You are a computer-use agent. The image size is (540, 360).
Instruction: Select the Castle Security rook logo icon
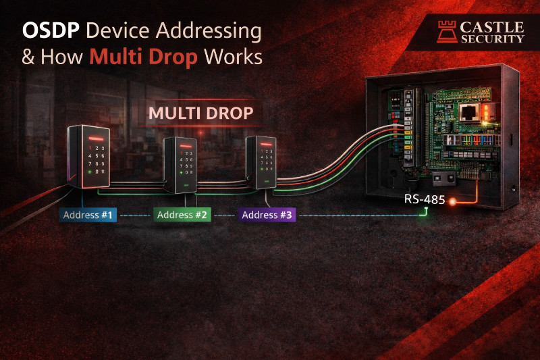[445, 32]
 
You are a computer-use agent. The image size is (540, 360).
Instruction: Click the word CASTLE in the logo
[491, 27]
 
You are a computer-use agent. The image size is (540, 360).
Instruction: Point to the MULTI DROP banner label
[200, 113]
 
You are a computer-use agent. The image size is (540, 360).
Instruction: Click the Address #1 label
[88, 215]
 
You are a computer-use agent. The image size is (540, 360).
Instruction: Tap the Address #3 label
[267, 215]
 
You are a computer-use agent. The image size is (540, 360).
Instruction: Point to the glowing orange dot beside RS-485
[452, 201]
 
